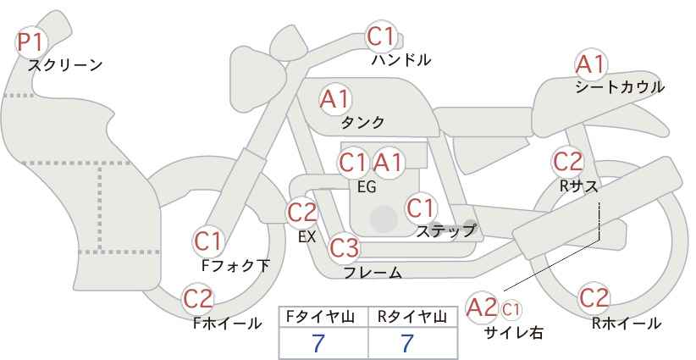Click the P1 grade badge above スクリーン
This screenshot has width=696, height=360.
(x=33, y=42)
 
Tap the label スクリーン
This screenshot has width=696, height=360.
(x=65, y=65)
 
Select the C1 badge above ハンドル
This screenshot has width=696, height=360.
(x=381, y=36)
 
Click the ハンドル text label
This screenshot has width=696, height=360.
(x=401, y=60)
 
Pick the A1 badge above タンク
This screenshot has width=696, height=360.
(x=334, y=99)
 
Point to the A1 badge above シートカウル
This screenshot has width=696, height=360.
(x=590, y=64)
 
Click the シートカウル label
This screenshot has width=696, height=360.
(x=620, y=87)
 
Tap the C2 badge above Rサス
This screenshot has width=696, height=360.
(x=568, y=161)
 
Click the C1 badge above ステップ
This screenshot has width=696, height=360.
(x=421, y=208)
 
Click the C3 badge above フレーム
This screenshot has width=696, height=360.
(x=344, y=248)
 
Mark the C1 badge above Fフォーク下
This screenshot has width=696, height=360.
(x=208, y=241)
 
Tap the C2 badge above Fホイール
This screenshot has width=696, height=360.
(x=199, y=298)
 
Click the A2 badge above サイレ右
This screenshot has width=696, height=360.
(x=483, y=307)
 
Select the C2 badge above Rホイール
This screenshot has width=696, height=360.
(x=594, y=298)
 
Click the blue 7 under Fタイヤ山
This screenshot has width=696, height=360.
(x=318, y=343)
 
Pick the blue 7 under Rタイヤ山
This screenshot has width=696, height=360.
(x=407, y=343)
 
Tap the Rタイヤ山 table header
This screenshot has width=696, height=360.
(x=412, y=317)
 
